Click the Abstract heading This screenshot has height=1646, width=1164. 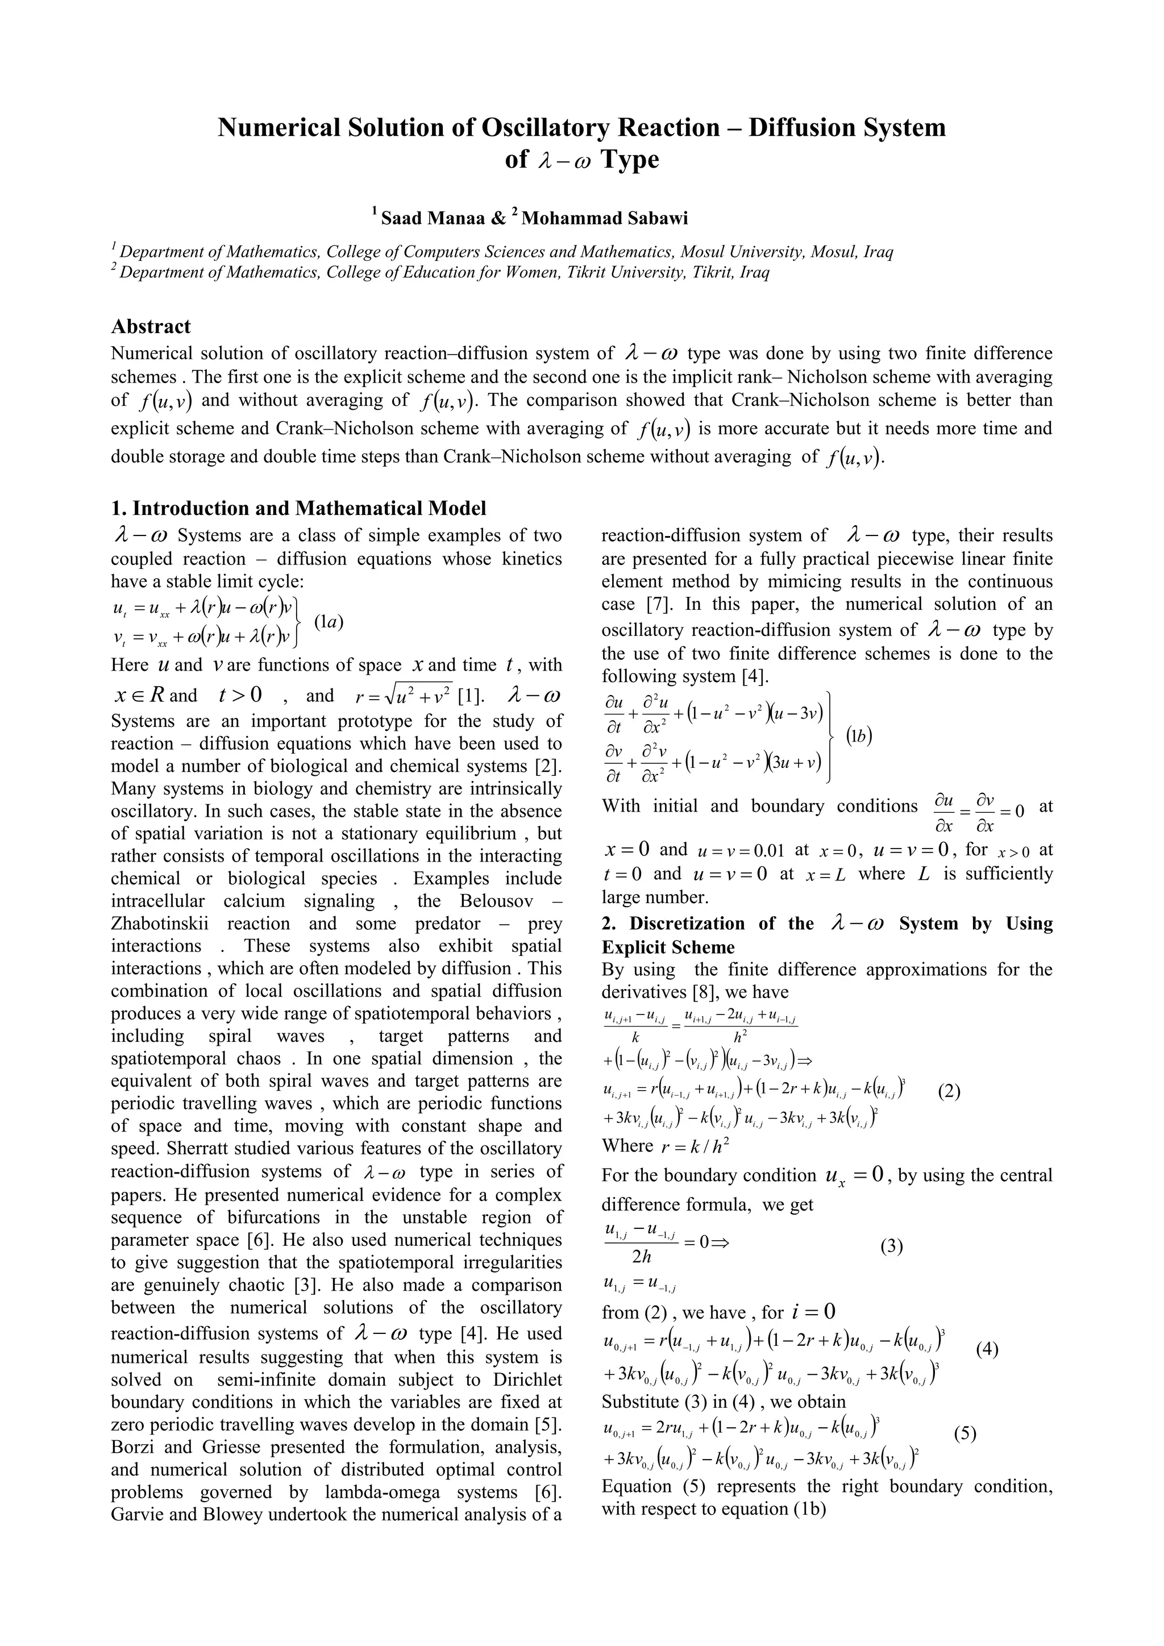point(151,326)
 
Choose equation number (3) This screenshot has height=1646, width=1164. point(892,1246)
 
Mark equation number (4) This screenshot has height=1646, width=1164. point(988,1349)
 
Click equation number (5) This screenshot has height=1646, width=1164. point(966,1434)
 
